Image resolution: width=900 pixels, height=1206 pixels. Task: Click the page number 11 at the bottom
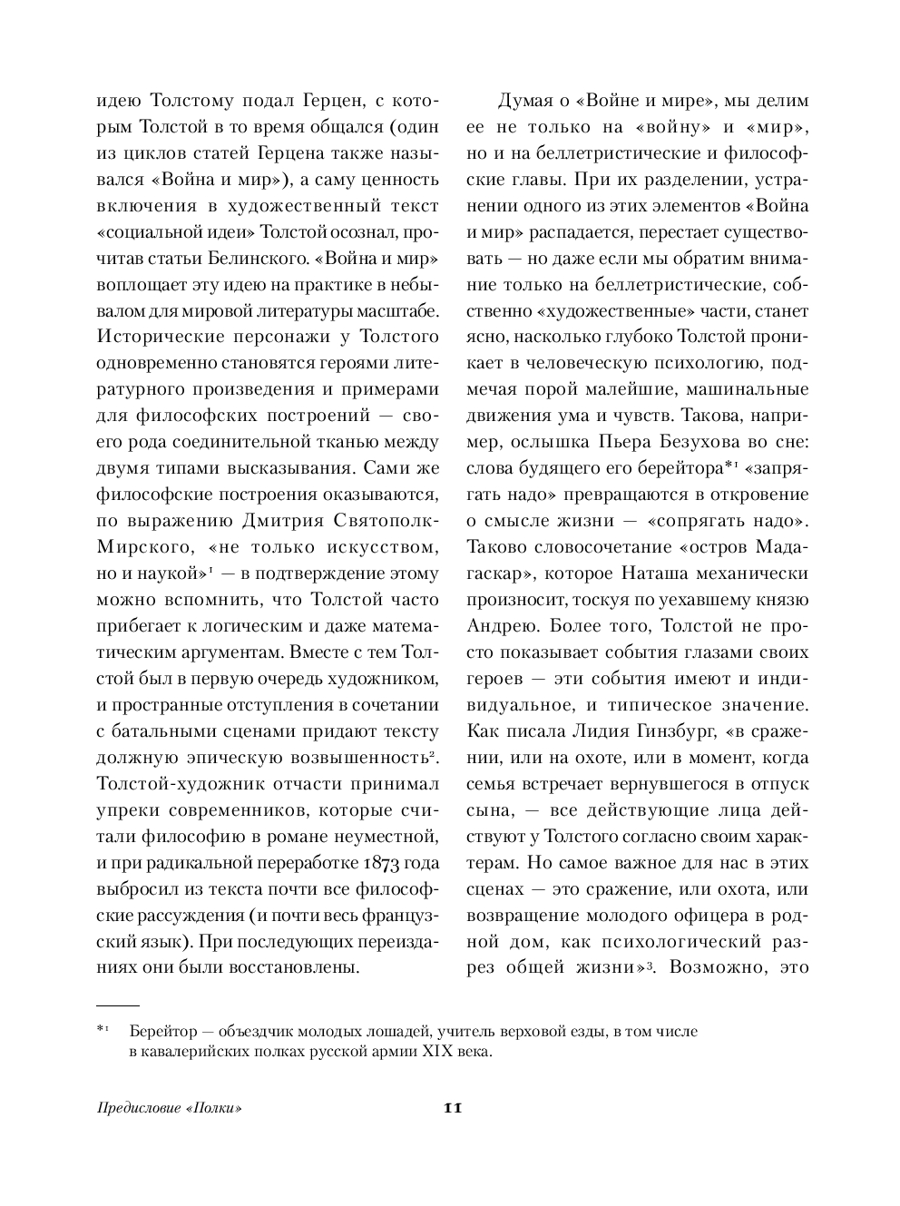[x=453, y=1108]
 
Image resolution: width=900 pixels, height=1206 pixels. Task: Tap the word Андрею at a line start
[x=499, y=626]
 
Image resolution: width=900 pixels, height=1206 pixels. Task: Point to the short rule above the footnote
[x=117, y=1006]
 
